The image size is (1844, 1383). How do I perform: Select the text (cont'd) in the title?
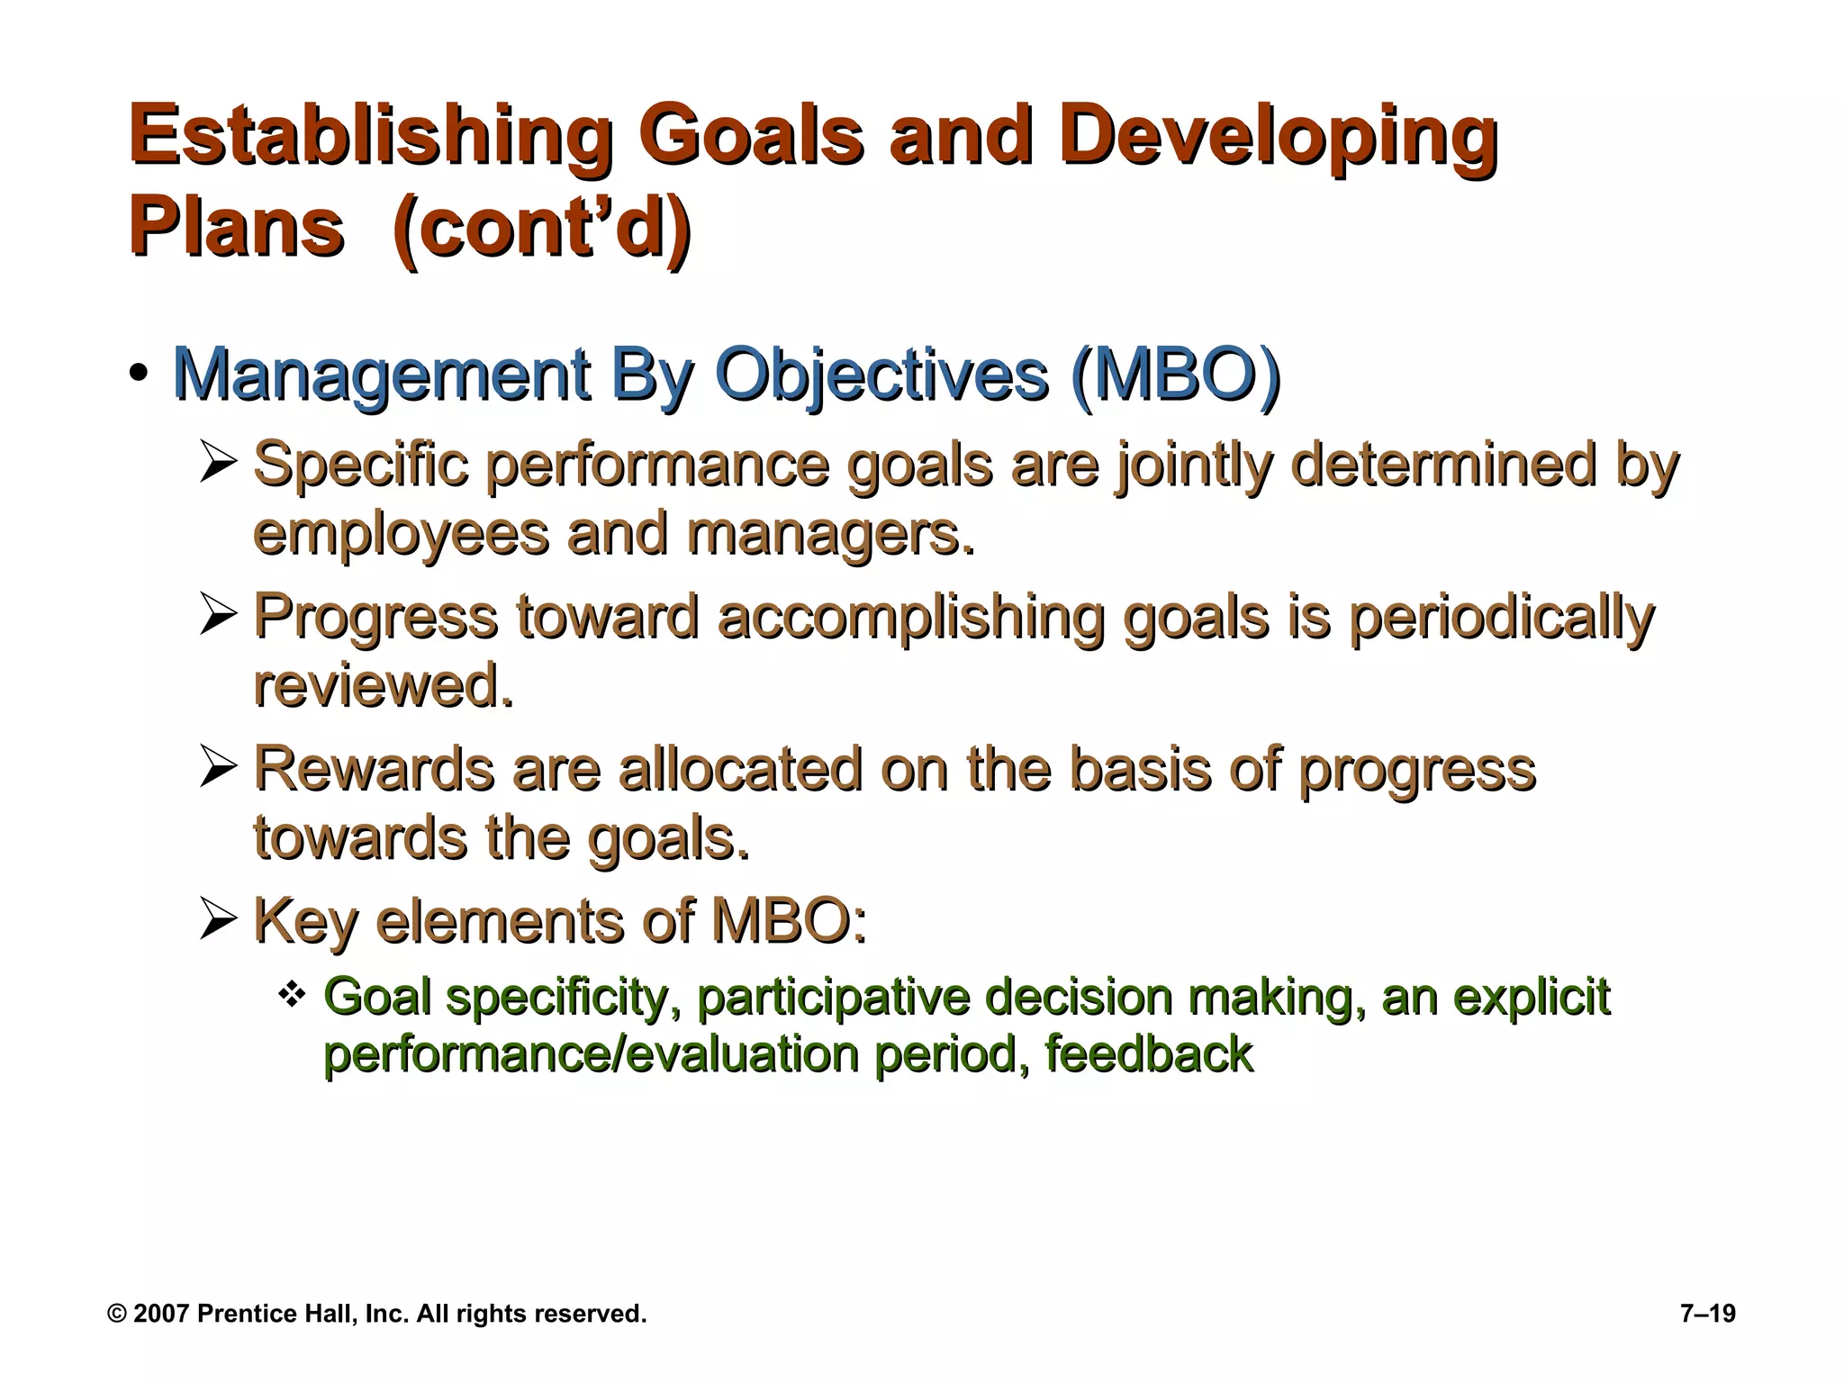click(542, 228)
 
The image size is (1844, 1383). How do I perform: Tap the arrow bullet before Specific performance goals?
click(218, 465)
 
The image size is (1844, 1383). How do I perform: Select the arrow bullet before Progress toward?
click(218, 616)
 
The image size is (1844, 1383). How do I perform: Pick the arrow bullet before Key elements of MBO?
click(218, 919)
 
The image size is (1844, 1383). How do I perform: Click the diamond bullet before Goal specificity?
click(293, 995)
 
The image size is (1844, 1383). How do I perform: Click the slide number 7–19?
click(1707, 1314)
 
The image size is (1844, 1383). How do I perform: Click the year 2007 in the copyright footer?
click(161, 1314)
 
